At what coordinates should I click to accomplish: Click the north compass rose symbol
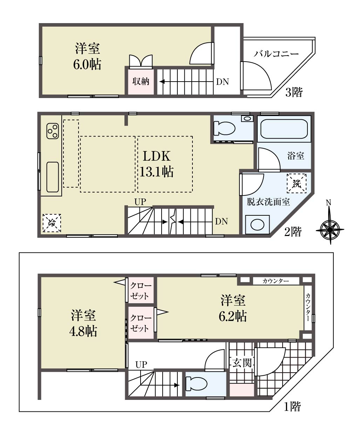(x=330, y=230)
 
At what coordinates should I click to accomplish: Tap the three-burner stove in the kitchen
(x=53, y=131)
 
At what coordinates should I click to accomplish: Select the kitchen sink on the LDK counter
(x=53, y=177)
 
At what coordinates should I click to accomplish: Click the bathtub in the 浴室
(x=284, y=129)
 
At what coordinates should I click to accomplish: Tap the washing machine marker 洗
(x=297, y=183)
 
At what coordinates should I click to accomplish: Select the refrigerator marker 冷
(x=52, y=223)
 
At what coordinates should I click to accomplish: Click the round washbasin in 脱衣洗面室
(x=258, y=224)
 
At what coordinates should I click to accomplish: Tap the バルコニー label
(x=276, y=54)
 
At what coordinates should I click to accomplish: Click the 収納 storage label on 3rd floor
(x=141, y=82)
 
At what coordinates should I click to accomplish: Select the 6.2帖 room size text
(x=233, y=317)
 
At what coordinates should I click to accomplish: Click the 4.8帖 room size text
(x=83, y=331)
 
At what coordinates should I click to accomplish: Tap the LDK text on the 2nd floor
(x=157, y=156)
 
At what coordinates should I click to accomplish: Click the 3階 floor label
(x=294, y=92)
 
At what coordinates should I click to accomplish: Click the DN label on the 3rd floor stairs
(x=223, y=82)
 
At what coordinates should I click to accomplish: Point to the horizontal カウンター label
(x=276, y=281)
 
